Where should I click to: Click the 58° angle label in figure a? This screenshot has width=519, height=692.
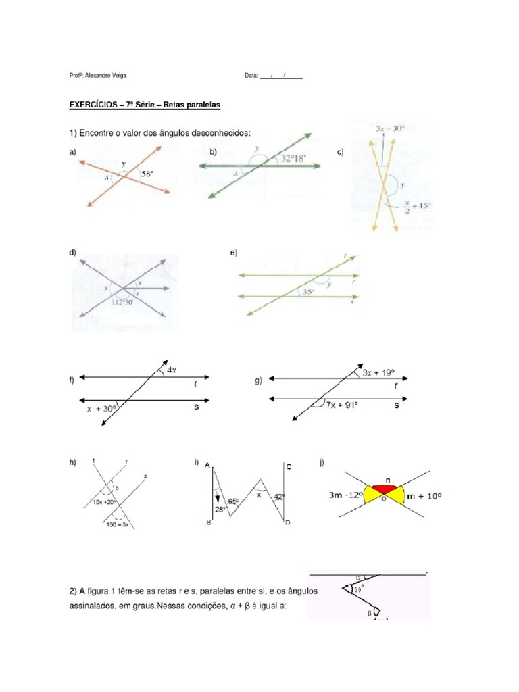click(x=147, y=174)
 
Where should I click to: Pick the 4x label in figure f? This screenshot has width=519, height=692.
click(x=172, y=369)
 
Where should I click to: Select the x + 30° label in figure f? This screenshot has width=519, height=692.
click(x=102, y=408)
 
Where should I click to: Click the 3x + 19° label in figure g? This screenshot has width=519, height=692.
click(x=382, y=372)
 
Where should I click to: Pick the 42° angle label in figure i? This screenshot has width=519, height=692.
click(x=279, y=498)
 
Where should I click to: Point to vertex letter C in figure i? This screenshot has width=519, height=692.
click(x=288, y=467)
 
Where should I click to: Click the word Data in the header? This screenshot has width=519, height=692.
click(x=251, y=77)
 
